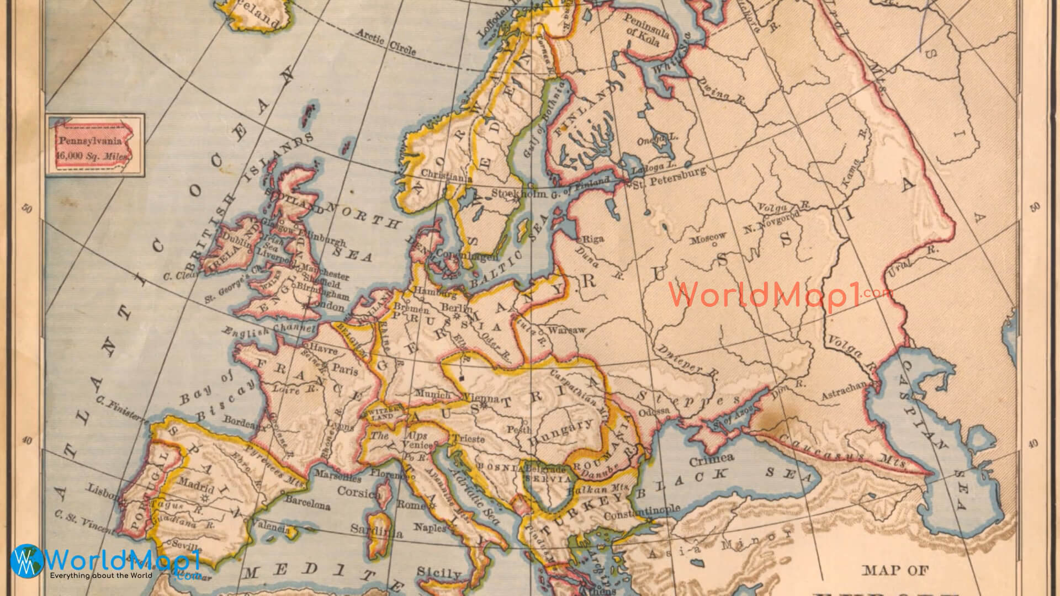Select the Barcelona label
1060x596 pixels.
tap(308, 503)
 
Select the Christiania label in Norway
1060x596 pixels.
tap(447, 175)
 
